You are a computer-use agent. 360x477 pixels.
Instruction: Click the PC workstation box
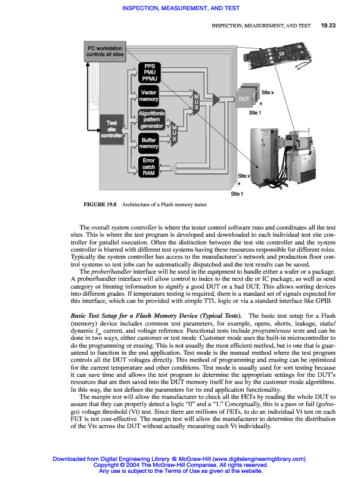105,52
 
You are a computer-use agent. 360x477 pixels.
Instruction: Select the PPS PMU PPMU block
148,72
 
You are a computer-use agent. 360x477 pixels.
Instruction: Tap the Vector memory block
148,95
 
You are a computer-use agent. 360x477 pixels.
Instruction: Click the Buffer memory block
148,143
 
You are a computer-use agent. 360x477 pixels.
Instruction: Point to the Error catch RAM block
148,166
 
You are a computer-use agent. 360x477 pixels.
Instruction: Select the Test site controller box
111,129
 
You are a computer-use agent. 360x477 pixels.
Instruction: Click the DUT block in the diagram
244,98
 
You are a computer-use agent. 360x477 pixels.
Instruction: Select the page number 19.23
328,26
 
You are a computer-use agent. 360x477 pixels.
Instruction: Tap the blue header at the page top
180,8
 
